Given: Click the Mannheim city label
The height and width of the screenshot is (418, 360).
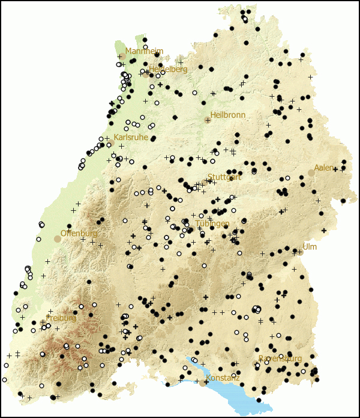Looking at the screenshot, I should pyautogui.click(x=144, y=51).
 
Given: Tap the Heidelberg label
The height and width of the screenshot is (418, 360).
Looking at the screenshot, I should pyautogui.click(x=168, y=69).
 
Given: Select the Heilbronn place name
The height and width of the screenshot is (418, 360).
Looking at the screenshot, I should pyautogui.click(x=227, y=115).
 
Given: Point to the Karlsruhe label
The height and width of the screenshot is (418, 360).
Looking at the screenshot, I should pyautogui.click(x=130, y=137).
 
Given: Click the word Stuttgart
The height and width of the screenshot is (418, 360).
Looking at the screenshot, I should pyautogui.click(x=224, y=177).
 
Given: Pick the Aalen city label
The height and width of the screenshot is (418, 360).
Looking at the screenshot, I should pyautogui.click(x=324, y=168).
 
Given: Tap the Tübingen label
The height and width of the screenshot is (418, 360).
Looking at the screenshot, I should pyautogui.click(x=212, y=223).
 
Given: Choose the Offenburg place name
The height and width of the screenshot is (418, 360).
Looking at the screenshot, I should pyautogui.click(x=79, y=233).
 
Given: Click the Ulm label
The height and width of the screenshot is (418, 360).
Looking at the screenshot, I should pyautogui.click(x=310, y=247).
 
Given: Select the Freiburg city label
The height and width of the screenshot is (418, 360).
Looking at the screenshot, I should pyautogui.click(x=61, y=318).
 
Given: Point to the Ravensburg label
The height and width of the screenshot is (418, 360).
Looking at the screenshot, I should pyautogui.click(x=280, y=359).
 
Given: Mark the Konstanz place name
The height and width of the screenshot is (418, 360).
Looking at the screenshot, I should pyautogui.click(x=223, y=378).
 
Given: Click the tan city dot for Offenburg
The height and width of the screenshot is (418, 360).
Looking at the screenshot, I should pyautogui.click(x=58, y=238).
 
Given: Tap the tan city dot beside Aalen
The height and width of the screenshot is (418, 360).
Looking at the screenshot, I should pyautogui.click(x=311, y=173).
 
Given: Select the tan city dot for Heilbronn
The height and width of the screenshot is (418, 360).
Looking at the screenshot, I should pyautogui.click(x=208, y=120).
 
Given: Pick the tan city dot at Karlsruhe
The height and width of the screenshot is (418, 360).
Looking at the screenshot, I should pyautogui.click(x=110, y=143).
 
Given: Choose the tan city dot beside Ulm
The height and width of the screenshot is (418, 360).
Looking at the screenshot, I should pyautogui.click(x=300, y=252).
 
